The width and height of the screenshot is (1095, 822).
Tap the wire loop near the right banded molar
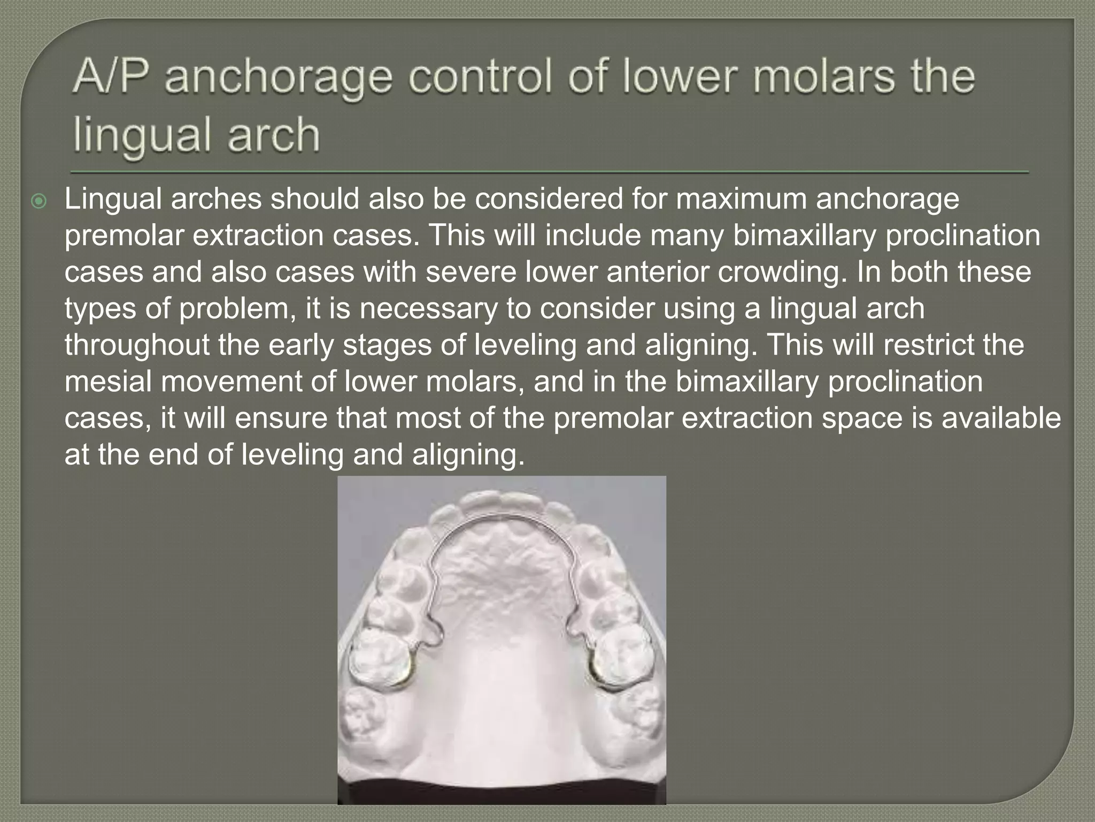575,626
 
